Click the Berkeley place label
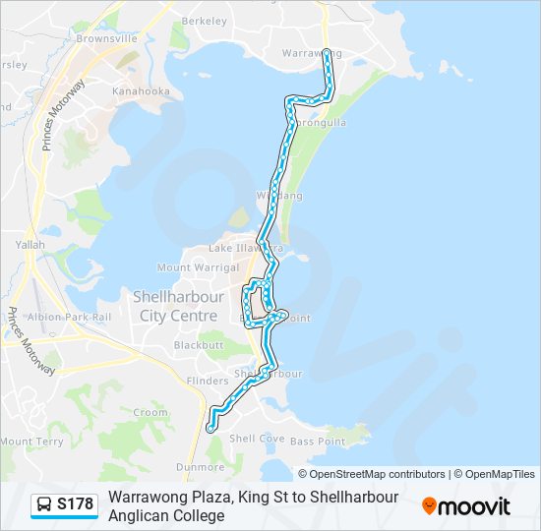[x=204, y=20]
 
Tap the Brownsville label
[x=106, y=38]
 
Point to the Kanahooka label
[x=141, y=91]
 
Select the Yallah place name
[x=30, y=243]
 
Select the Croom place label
[x=150, y=413]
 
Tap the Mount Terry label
[x=31, y=442]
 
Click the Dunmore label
[x=200, y=467]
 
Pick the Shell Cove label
[x=256, y=439]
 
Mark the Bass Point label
[x=318, y=442]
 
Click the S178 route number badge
[x=75, y=505]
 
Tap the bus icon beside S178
[x=44, y=505]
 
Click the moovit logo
[x=466, y=506]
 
